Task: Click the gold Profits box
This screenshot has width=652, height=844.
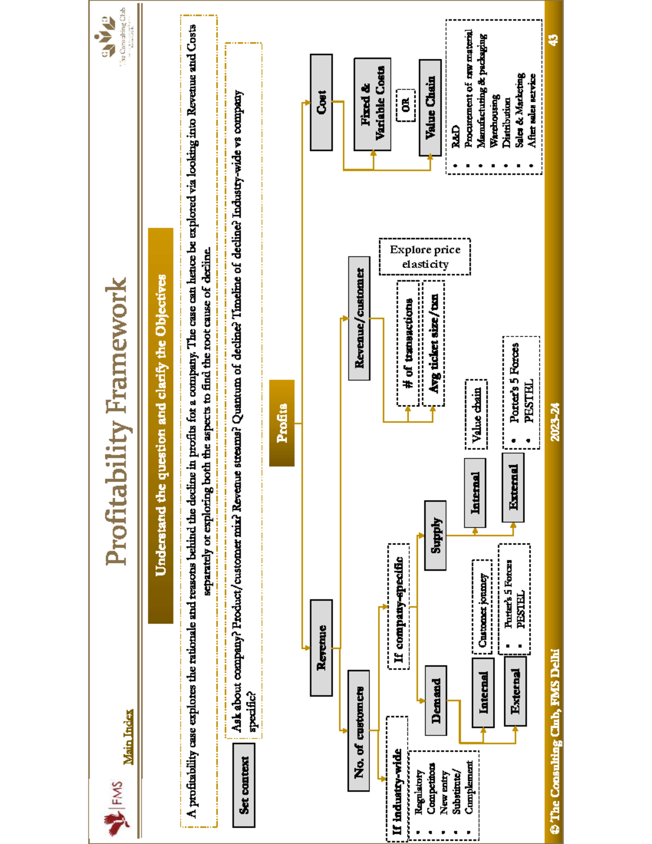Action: [281, 423]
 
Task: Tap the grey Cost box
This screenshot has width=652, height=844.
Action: [321, 102]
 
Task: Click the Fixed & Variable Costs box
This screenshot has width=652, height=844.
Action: [372, 104]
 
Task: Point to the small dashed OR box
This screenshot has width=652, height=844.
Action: [405, 105]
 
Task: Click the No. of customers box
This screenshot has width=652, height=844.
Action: [359, 730]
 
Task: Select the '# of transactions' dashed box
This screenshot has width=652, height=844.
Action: [408, 343]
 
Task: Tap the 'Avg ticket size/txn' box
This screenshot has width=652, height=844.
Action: [433, 343]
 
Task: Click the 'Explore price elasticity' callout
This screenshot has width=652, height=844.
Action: [425, 257]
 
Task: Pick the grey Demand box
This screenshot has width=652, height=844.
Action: [436, 700]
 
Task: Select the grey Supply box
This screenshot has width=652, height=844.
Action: [435, 535]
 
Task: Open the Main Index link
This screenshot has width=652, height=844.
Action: [128, 736]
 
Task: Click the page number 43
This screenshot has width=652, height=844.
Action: [553, 40]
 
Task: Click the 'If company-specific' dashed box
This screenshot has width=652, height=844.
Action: [398, 607]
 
